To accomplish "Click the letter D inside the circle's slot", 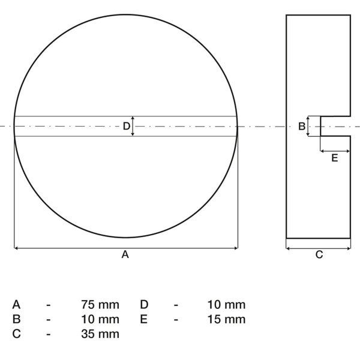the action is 127,126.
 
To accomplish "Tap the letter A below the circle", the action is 125,254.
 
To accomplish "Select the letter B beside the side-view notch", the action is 302,126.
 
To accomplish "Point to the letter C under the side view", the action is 319,254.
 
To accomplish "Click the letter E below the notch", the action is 335,158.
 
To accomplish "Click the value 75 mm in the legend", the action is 100,305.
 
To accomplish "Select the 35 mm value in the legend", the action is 100,334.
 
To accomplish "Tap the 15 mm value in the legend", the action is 226,319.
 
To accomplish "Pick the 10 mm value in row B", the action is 100,319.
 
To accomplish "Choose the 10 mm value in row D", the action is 226,305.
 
